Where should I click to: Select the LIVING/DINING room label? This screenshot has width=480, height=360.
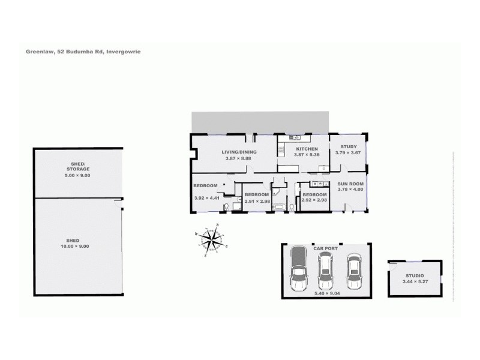tap(239, 152)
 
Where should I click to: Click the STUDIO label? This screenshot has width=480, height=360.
tap(415, 275)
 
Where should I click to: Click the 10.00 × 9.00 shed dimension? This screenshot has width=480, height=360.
tap(78, 245)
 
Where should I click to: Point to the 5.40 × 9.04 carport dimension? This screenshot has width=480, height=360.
tap(325, 294)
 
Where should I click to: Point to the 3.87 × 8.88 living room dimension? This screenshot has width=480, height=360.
tap(239, 158)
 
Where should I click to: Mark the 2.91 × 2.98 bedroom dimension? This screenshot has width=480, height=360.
tap(257, 201)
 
